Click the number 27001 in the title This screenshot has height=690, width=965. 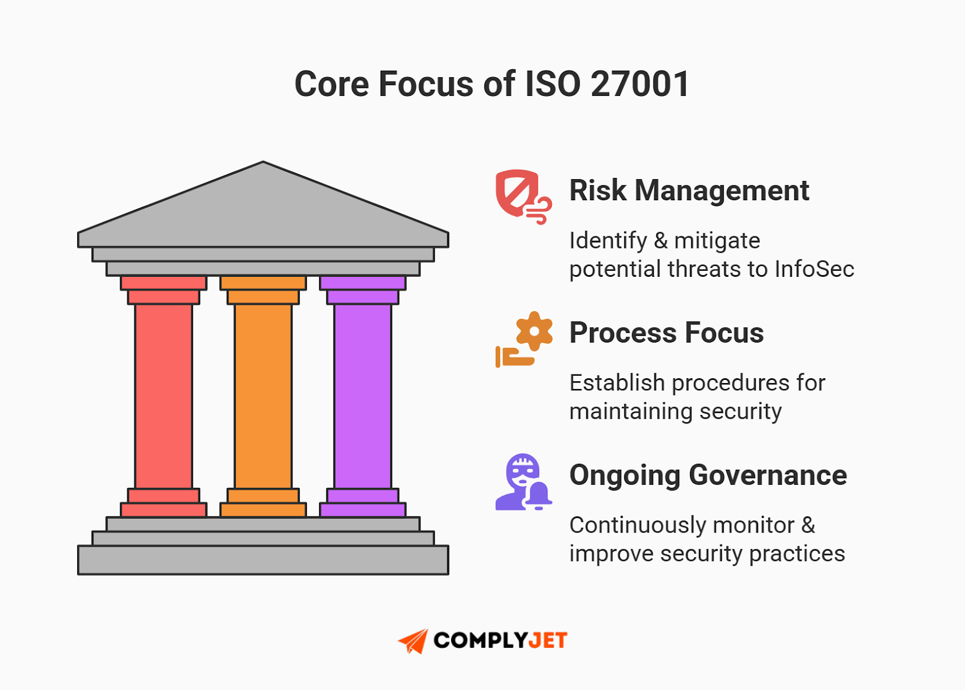640,84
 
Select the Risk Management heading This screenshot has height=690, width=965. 689,191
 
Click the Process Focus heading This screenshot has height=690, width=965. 666,333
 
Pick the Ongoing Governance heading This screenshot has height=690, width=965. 708,475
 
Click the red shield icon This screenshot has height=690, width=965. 517,193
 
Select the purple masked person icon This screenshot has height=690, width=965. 522,482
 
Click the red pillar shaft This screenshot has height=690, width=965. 163,396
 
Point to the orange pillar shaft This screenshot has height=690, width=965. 263,396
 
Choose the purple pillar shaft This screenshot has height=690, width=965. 362,396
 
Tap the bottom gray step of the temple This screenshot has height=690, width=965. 263,560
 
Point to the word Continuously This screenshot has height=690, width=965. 638,525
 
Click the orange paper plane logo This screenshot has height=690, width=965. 414,641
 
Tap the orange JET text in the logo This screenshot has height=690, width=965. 548,641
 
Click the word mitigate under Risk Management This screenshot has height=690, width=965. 717,241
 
